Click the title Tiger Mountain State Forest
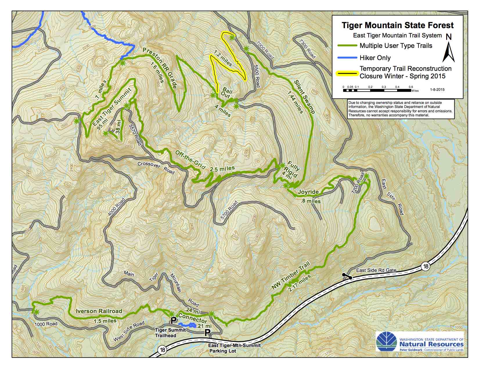(x=397, y=25)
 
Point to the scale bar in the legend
(x=377, y=90)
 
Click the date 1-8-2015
(x=437, y=90)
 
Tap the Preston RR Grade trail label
(x=160, y=68)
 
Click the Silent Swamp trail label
(x=305, y=96)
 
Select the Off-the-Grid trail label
(x=190, y=160)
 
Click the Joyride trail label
(x=308, y=192)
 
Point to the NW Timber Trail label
(x=291, y=275)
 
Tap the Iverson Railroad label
(x=99, y=311)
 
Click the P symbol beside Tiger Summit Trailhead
(x=173, y=320)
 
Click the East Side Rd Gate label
(x=376, y=270)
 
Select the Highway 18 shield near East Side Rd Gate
(x=425, y=266)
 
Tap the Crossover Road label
(x=156, y=168)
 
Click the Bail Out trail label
(x=226, y=93)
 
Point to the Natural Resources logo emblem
(x=386, y=342)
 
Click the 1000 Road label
(x=46, y=324)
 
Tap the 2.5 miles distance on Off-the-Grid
(x=222, y=169)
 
